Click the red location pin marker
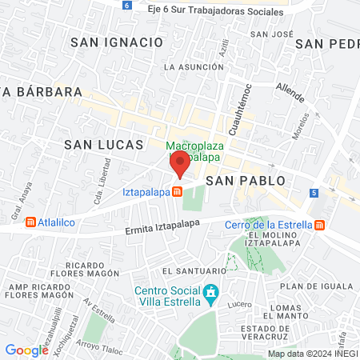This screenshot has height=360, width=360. click(179, 165)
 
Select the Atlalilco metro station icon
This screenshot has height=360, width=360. click(30, 222)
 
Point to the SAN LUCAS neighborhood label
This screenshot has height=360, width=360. click(103, 145)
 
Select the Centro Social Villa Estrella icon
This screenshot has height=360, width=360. click(211, 294)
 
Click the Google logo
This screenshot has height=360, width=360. click(26, 350)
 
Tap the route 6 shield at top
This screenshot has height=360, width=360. click(126, 5)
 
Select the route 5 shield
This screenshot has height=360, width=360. click(314, 194)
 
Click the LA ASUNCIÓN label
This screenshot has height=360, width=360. click(190, 68)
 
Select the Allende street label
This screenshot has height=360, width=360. click(290, 91)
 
